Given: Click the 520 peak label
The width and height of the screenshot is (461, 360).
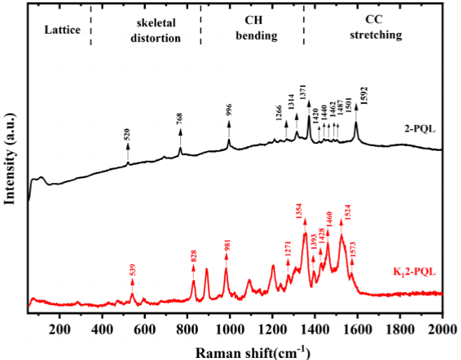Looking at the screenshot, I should (x=127, y=135).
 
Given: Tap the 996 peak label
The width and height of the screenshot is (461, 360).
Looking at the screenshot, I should (x=229, y=110).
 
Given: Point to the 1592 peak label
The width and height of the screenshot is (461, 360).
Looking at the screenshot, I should (x=363, y=94).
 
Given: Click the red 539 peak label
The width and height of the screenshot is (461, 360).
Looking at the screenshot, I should (x=133, y=269).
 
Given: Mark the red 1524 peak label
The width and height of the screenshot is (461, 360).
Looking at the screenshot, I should (x=347, y=210).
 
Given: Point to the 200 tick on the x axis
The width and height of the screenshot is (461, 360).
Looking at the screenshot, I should (x=60, y=326).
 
